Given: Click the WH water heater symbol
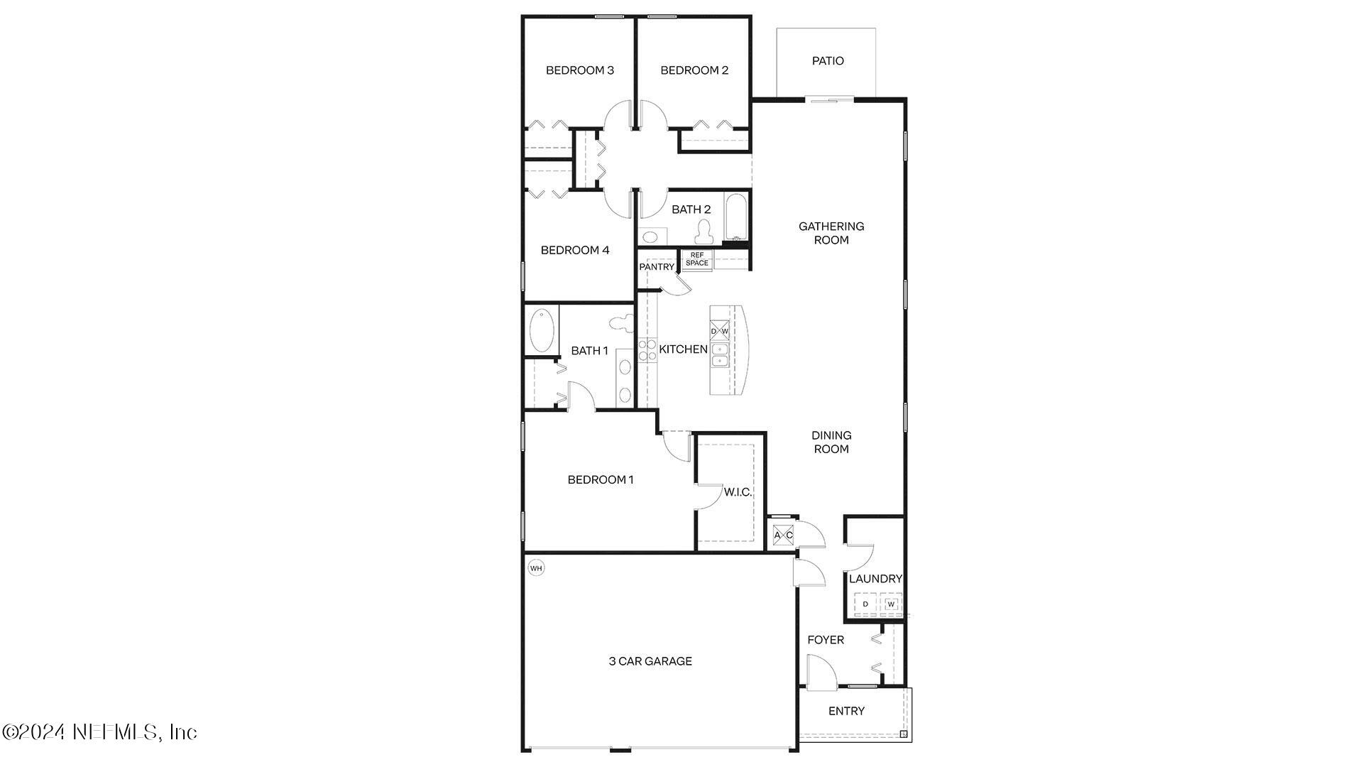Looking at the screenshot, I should pyautogui.click(x=536, y=568).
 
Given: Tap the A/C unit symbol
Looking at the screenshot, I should pyautogui.click(x=783, y=535).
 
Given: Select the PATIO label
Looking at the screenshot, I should pyautogui.click(x=828, y=61).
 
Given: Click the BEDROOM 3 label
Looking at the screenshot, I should pyautogui.click(x=579, y=70).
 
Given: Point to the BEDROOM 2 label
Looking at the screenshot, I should pyautogui.click(x=694, y=70).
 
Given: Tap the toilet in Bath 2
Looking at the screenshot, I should pyautogui.click(x=704, y=230).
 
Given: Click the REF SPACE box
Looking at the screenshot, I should pyautogui.click(x=696, y=259).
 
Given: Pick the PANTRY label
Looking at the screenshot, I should pyautogui.click(x=656, y=267).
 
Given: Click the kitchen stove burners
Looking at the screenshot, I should pyautogui.click(x=647, y=350).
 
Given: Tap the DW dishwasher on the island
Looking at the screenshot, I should pyautogui.click(x=719, y=331).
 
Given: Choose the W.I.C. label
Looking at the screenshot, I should pyautogui.click(x=738, y=491).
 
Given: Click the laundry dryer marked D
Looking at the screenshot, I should pyautogui.click(x=865, y=604).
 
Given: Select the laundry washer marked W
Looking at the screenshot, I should pyautogui.click(x=891, y=604).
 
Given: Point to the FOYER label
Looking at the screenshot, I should pyautogui.click(x=826, y=640).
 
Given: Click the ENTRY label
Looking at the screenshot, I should pyautogui.click(x=846, y=711).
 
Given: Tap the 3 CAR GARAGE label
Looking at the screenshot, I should pyautogui.click(x=650, y=661).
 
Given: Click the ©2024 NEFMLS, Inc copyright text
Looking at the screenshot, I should pyautogui.click(x=99, y=731).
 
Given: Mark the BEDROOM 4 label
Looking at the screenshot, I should pyautogui.click(x=574, y=250).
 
